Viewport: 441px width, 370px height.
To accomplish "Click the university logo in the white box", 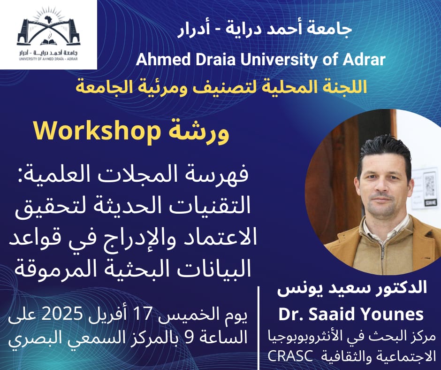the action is [x=48, y=34].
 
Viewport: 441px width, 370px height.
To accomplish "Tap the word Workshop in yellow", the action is [x=95, y=132].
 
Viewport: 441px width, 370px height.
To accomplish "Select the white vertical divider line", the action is [x=259, y=328].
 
